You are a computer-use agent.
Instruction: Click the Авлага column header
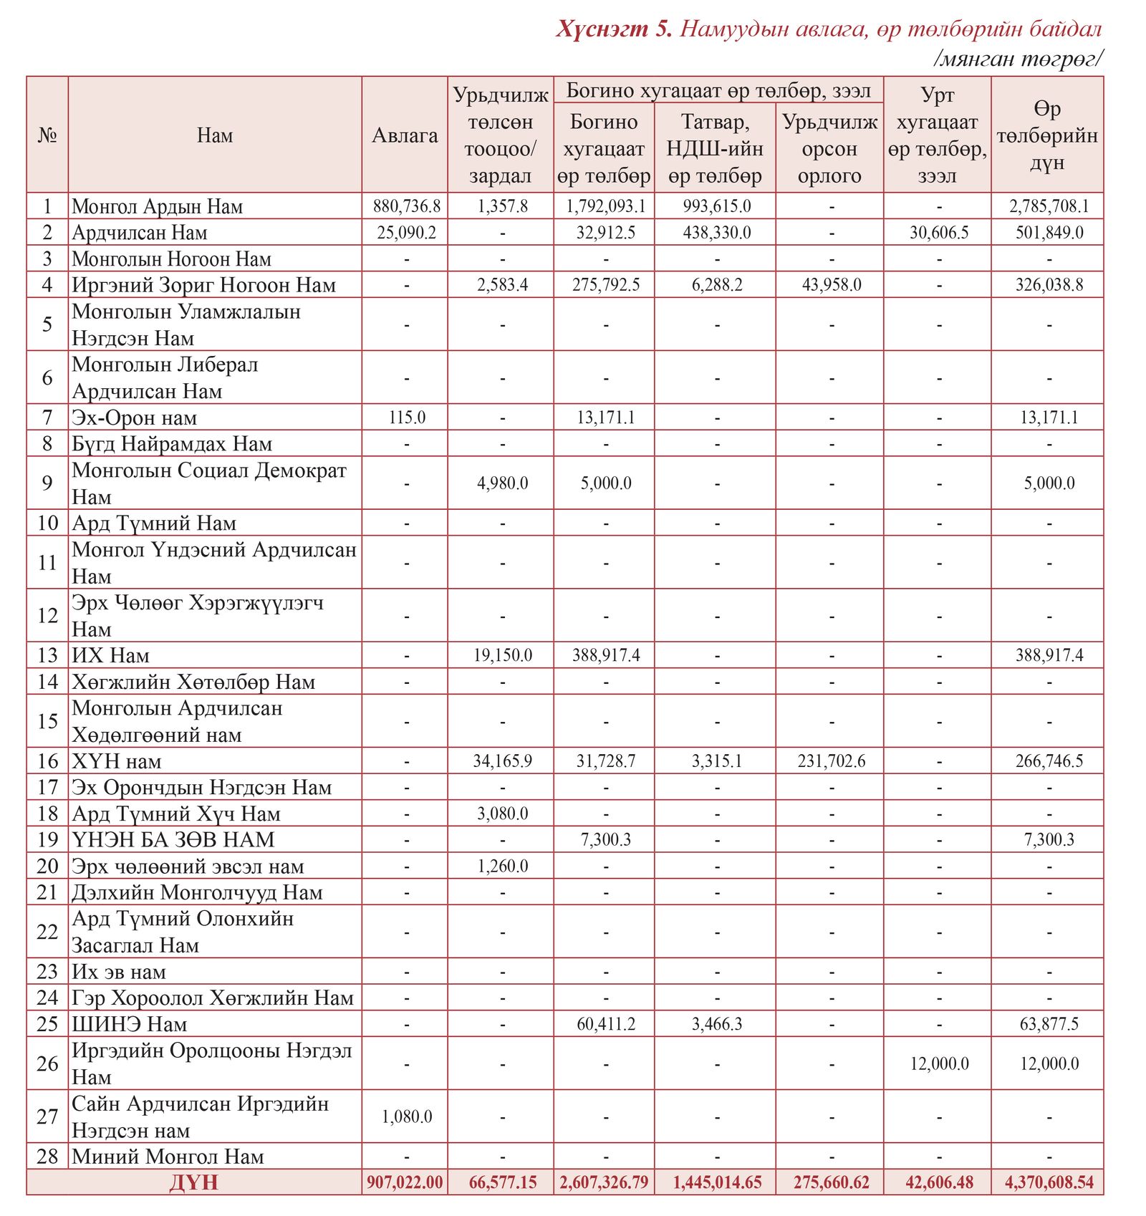(405, 135)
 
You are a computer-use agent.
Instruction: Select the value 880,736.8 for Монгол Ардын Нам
(406, 206)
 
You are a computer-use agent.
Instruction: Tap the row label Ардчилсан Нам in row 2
(140, 233)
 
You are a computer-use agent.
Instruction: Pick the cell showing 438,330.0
(716, 233)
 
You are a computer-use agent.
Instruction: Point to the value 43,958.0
(831, 285)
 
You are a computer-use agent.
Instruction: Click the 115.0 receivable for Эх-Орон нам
(407, 418)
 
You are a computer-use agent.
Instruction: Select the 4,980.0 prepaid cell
(502, 483)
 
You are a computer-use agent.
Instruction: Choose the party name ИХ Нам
(110, 655)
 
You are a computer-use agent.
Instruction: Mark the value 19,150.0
(502, 655)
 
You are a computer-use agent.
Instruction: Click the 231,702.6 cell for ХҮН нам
(831, 761)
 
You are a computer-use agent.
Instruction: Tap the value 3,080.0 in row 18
(502, 814)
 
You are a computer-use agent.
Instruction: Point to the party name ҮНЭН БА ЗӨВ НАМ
(173, 840)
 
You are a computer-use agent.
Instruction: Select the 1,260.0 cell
(502, 867)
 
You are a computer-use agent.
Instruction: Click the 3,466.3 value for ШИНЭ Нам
(716, 1024)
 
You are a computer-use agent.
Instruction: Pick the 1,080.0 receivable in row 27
(406, 1116)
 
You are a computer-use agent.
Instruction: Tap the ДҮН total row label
(193, 1182)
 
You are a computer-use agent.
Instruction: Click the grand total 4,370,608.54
(1049, 1182)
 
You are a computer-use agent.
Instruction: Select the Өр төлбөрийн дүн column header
(1047, 135)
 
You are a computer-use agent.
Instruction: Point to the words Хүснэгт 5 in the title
(614, 29)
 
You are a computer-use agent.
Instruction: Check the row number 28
(47, 1157)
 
